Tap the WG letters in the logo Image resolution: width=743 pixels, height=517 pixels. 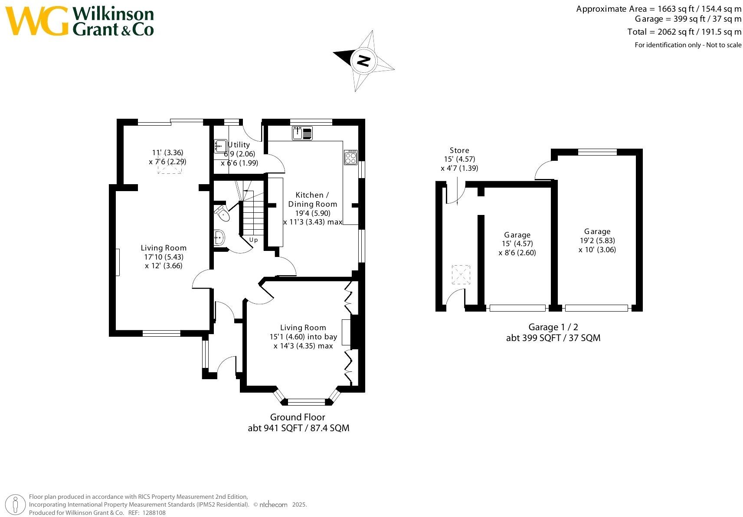pyautogui.click(x=37, y=21)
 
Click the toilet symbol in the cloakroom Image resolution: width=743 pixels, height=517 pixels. pyautogui.click(x=222, y=212)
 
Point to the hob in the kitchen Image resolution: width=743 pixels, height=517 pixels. pyautogui.click(x=350, y=157)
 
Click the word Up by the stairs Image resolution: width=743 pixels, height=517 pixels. pyautogui.click(x=253, y=240)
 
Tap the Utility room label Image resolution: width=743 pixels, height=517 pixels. pyautogui.click(x=239, y=145)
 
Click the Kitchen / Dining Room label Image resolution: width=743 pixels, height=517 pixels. pyautogui.click(x=312, y=199)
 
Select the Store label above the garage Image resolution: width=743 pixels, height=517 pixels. pyautogui.click(x=459, y=150)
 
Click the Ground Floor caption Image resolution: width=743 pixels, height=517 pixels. pyautogui.click(x=298, y=417)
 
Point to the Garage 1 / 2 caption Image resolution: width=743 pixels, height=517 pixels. pyautogui.click(x=553, y=327)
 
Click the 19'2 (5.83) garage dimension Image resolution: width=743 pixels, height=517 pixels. pyautogui.click(x=597, y=241)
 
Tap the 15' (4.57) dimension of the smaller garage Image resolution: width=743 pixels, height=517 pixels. pyautogui.click(x=517, y=244)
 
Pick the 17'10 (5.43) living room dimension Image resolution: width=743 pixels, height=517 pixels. pyautogui.click(x=164, y=257)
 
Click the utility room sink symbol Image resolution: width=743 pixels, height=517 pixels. pyautogui.click(x=220, y=146)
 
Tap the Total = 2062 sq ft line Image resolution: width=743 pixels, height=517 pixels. pyautogui.click(x=684, y=32)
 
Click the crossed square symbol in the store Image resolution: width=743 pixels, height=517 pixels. pyautogui.click(x=461, y=275)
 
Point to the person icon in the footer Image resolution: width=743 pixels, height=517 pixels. pyautogui.click(x=16, y=505)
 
